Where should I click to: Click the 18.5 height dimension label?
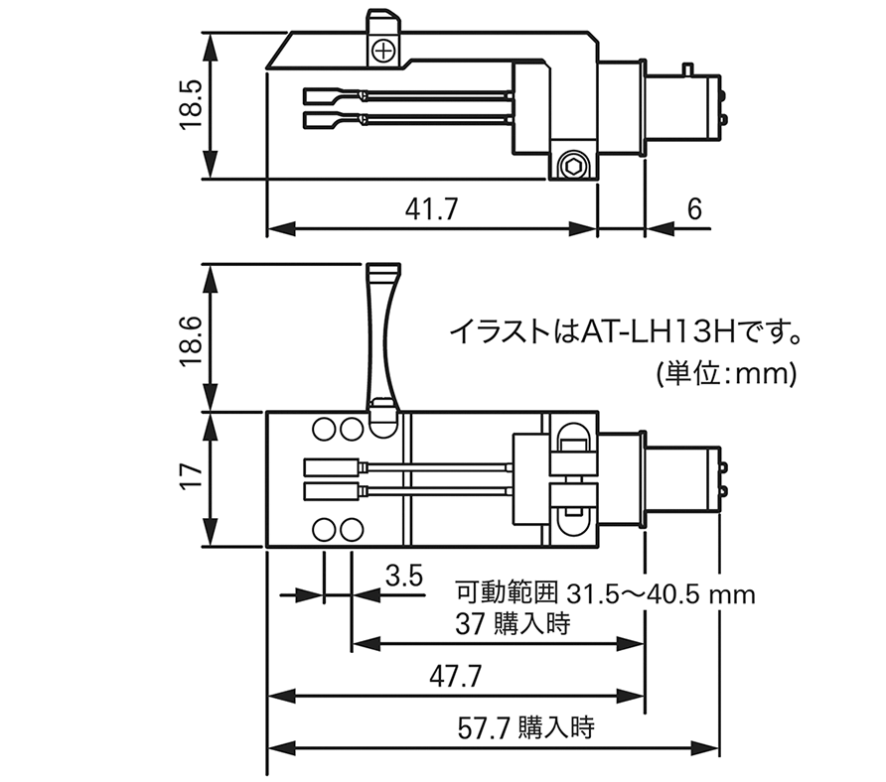point(191,105)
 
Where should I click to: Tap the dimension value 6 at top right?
point(693,209)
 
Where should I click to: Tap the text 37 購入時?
point(504,625)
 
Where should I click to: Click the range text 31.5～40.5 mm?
point(661,594)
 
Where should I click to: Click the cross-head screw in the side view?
point(382,50)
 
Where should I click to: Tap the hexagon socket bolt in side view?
point(571,166)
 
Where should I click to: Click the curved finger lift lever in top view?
point(383,337)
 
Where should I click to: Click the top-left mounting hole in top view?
point(325,430)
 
